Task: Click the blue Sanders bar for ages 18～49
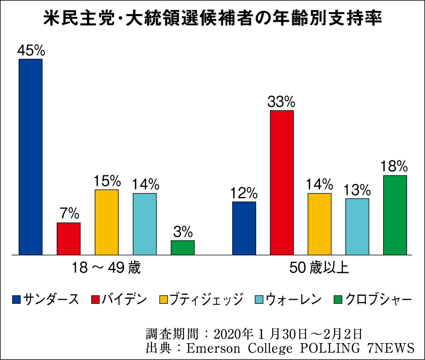(30, 157)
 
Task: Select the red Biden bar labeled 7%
(69, 239)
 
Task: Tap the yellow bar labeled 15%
(106, 222)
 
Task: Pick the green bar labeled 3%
(183, 247)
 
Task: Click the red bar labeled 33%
(282, 182)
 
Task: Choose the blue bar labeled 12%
(244, 228)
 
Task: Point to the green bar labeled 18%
(395, 215)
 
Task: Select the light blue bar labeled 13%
(357, 226)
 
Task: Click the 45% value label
(31, 51)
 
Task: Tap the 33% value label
(281, 102)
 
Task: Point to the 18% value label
(394, 167)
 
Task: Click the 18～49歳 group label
(106, 268)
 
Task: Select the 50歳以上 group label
(319, 268)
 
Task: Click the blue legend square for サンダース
(16, 300)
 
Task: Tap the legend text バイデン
(125, 299)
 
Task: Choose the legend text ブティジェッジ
(206, 299)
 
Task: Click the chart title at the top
(212, 18)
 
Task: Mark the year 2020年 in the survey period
(233, 334)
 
